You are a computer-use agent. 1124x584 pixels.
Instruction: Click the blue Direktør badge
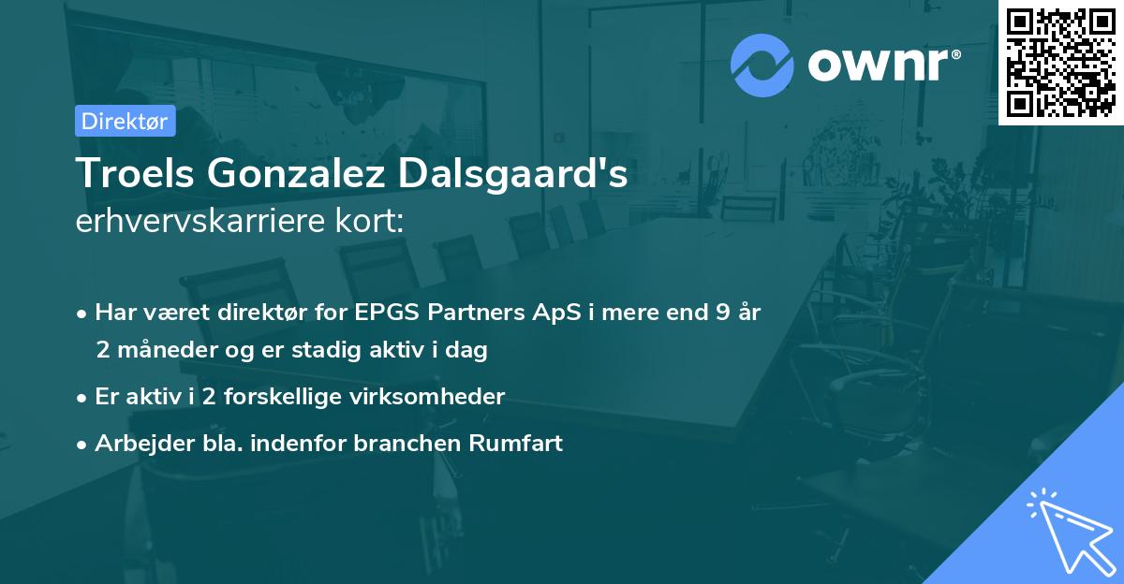tap(125, 121)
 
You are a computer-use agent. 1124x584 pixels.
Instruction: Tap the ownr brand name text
tap(880, 66)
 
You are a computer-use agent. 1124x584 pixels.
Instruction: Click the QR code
tap(1060, 62)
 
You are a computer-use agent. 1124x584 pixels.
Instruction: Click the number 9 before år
tap(722, 313)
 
